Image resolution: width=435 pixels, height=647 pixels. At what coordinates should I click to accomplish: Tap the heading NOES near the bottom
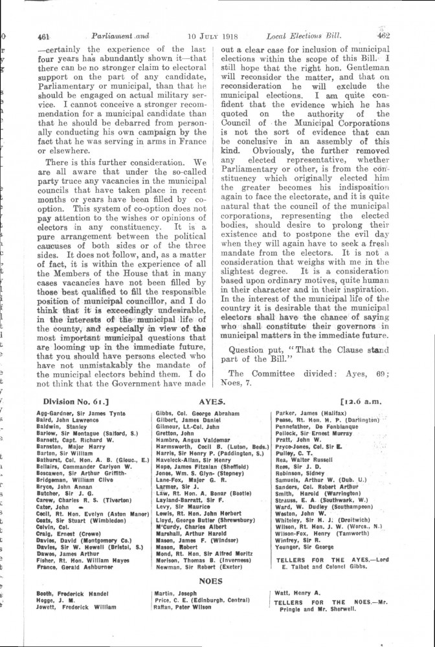tap(212, 581)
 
